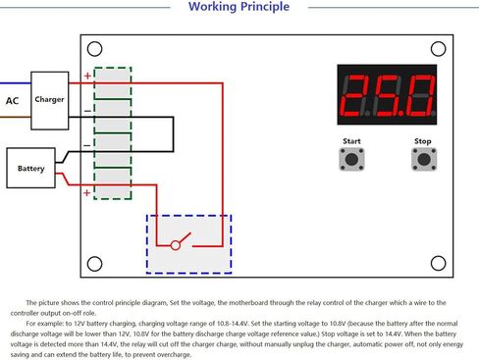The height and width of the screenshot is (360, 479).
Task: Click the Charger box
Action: pyautogui.click(x=50, y=101)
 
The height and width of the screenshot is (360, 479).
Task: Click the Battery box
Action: pyautogui.click(x=30, y=168)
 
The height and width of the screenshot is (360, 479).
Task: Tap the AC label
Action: pyautogui.click(x=13, y=101)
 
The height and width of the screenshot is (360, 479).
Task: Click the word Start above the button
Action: pyautogui.click(x=351, y=141)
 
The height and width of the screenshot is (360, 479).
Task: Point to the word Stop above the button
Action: pyautogui.click(x=423, y=141)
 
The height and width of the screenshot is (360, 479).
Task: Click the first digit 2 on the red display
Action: pyautogui.click(x=355, y=95)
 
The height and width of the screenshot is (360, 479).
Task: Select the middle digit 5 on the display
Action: pyautogui.click(x=388, y=95)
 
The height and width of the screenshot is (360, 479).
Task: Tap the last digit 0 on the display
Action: pyautogui.click(x=419, y=95)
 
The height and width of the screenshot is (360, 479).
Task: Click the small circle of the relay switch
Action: pyautogui.click(x=176, y=245)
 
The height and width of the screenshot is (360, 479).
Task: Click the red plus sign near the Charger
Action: pyautogui.click(x=87, y=76)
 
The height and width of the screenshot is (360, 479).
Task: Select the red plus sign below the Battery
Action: pyautogui.click(x=86, y=193)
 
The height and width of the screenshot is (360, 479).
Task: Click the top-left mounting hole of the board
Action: pyautogui.click(x=95, y=49)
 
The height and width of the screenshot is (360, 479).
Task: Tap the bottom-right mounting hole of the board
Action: pyautogui.click(x=439, y=263)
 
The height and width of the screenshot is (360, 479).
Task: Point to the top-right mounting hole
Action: pyautogui.click(x=439, y=49)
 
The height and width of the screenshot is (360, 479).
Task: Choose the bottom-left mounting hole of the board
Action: pyautogui.click(x=95, y=264)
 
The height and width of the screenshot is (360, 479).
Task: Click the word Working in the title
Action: pyautogui.click(x=212, y=7)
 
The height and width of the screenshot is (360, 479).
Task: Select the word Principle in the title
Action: pyautogui.click(x=265, y=7)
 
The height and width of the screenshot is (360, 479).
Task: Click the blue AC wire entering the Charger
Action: pyautogui.click(x=16, y=83)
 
